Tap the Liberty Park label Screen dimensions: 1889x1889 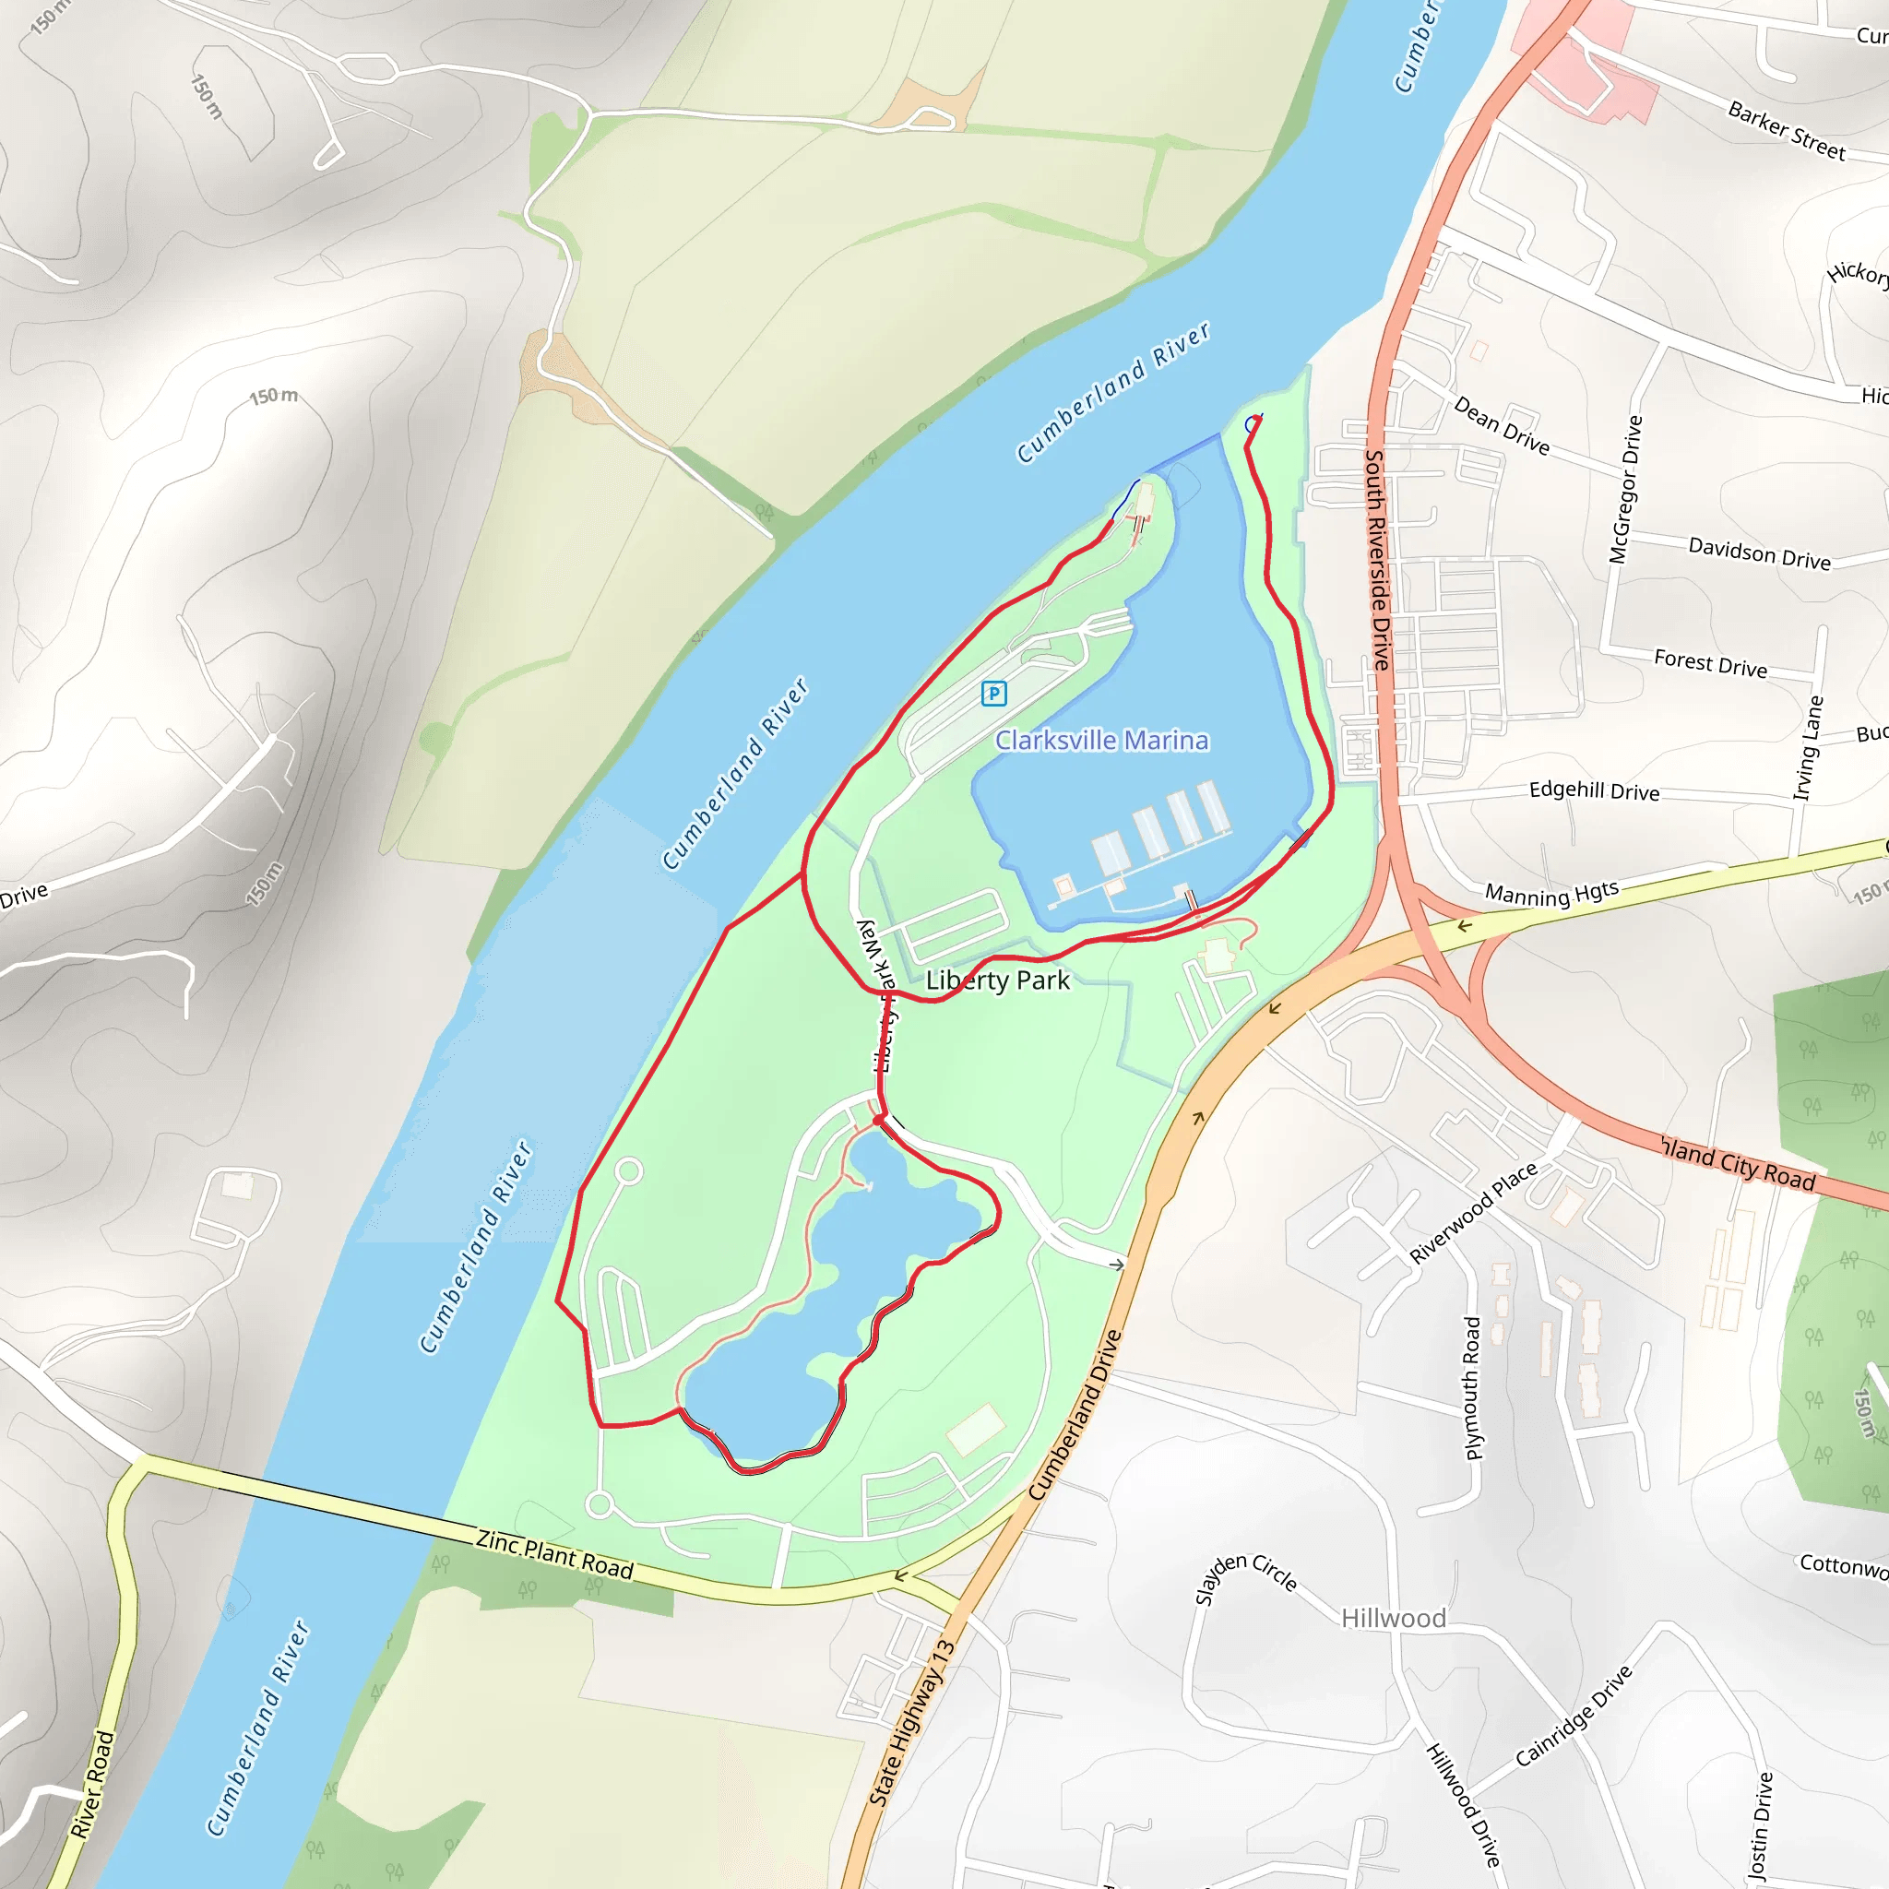point(997,980)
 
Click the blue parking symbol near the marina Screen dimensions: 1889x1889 point(993,694)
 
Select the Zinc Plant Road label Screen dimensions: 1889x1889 point(554,1554)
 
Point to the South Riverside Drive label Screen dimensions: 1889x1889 point(1378,559)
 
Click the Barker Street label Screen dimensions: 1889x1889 point(1787,131)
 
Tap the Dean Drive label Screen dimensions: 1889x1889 point(1501,426)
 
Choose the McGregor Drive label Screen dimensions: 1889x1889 point(1625,489)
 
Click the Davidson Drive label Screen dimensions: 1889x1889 point(1759,552)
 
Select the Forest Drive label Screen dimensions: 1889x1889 point(1710,664)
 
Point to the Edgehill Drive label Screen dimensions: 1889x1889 point(1594,791)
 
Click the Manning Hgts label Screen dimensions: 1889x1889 point(1551,893)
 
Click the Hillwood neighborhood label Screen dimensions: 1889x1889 point(1394,1619)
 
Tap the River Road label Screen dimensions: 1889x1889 point(93,1785)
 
